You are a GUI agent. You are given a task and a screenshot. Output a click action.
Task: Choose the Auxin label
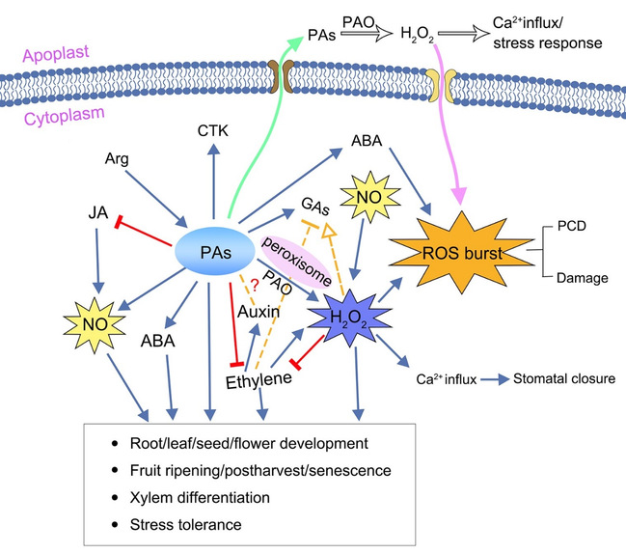tap(260, 312)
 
